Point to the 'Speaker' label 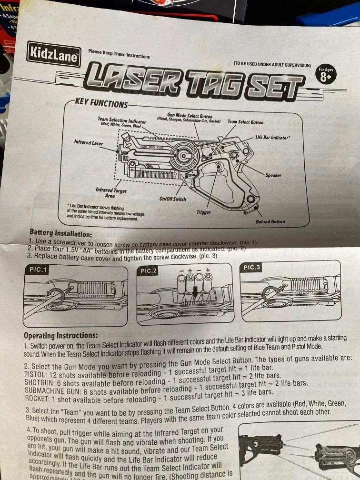pos(273,175)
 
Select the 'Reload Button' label pos(270,221)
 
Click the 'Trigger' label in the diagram pos(203,211)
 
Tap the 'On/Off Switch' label pos(172,199)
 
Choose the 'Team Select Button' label pos(245,122)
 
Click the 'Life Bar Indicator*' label pos(273,137)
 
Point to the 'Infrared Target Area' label pos(111,192)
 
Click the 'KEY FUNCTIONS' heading pos(101,104)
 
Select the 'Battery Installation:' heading pos(61,233)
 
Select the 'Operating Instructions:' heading pos(61,336)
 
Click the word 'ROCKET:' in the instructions pos(37,399)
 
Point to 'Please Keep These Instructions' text pos(119,54)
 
